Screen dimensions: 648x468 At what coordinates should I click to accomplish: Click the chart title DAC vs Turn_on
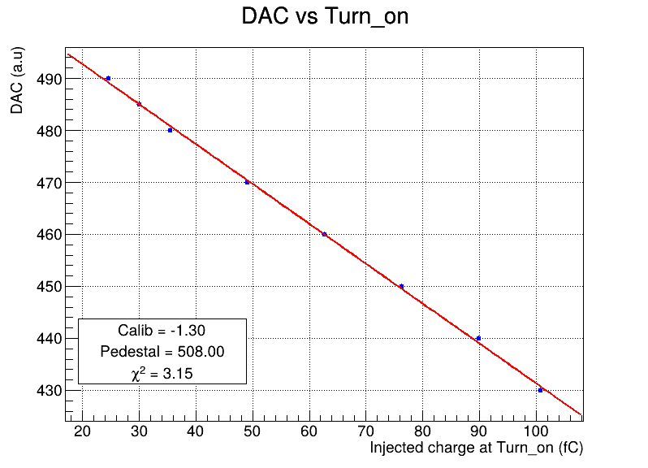(325, 17)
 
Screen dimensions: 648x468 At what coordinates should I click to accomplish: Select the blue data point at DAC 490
(108, 79)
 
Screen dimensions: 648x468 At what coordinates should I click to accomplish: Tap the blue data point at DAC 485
(140, 104)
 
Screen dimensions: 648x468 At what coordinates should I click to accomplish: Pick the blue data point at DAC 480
(170, 130)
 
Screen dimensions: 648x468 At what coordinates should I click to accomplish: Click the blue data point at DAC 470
(247, 182)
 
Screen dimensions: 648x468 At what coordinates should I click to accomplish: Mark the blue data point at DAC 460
(325, 235)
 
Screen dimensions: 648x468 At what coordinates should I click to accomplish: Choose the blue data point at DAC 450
(401, 286)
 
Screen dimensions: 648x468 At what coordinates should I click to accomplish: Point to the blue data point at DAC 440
(478, 338)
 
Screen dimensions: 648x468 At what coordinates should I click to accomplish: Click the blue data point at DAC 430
(540, 390)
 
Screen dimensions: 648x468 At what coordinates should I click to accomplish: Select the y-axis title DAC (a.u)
(17, 80)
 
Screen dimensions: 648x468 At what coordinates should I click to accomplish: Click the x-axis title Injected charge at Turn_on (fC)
(476, 448)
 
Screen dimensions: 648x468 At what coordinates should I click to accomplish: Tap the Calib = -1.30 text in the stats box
(162, 331)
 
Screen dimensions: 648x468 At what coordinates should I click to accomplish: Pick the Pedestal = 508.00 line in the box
(162, 352)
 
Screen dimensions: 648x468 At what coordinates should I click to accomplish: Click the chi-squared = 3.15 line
(162, 373)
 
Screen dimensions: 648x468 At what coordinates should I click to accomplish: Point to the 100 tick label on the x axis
(536, 431)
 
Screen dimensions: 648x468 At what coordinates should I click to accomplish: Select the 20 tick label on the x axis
(82, 431)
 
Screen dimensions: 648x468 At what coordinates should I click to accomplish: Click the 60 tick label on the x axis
(309, 431)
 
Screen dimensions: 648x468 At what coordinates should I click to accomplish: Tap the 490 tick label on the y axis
(50, 79)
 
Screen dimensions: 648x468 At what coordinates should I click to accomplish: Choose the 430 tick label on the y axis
(50, 391)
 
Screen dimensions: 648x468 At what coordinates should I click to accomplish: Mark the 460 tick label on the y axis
(50, 235)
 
